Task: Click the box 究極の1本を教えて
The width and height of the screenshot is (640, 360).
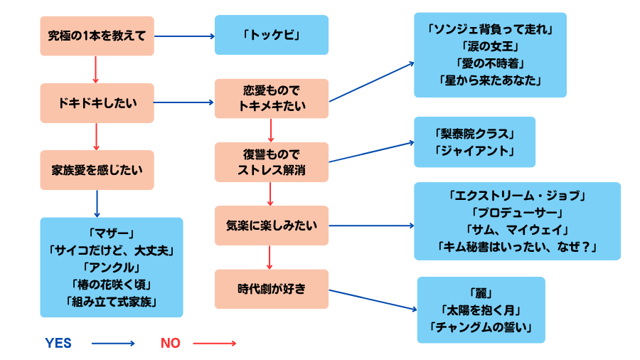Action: pos(97,36)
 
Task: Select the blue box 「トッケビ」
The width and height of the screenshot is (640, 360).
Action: pos(272,35)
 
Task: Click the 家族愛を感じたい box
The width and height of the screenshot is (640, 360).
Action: pos(97,170)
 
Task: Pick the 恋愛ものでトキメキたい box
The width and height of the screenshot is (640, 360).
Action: pos(271,99)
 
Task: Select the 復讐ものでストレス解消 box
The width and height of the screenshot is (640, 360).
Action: pos(271,162)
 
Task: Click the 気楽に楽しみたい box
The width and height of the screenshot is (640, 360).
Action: pos(271,226)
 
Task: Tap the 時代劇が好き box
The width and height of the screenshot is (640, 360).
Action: pos(271,289)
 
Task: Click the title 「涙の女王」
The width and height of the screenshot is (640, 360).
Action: pos(490,46)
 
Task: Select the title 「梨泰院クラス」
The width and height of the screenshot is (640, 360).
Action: pos(474,134)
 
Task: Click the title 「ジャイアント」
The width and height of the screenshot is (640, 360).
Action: pos(474,151)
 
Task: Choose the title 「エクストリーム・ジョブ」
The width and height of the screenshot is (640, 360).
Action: pos(517,195)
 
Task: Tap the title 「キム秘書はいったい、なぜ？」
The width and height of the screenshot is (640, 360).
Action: pos(517,247)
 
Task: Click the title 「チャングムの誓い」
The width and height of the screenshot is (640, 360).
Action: pos(481,328)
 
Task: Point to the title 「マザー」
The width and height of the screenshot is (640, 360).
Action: pos(112,233)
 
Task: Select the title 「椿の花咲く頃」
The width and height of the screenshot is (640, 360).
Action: pos(112,284)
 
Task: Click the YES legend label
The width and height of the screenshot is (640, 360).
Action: pos(58,343)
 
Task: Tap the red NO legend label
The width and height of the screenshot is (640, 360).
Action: pos(170,343)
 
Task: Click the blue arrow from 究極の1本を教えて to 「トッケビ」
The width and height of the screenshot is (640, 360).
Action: pos(184,36)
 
